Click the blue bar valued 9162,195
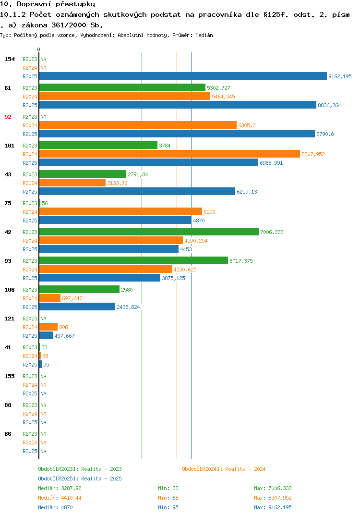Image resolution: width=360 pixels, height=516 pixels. point(183,76)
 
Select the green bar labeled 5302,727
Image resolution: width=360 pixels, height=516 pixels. point(122,88)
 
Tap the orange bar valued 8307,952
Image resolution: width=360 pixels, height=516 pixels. point(169,154)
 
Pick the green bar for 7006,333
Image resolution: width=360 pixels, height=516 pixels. point(149,232)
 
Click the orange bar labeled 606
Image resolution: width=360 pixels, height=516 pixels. point(48,327)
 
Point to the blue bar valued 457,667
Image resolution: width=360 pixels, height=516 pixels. point(46,336)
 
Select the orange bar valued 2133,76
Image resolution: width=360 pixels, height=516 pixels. point(72,183)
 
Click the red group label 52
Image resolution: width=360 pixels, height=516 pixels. point(8,117)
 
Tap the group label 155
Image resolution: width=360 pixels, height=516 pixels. point(10,376)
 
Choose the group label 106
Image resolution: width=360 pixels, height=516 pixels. point(10,290)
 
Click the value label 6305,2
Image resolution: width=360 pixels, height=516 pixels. point(247,125)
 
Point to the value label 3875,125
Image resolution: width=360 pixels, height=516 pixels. point(174,278)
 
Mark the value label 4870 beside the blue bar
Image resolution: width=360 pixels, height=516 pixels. point(199,221)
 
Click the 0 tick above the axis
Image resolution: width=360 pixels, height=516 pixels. point(39,49)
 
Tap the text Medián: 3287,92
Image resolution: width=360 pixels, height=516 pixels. point(60,488)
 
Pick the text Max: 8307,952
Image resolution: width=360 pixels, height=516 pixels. point(273,498)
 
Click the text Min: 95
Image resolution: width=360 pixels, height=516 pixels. point(168,507)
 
